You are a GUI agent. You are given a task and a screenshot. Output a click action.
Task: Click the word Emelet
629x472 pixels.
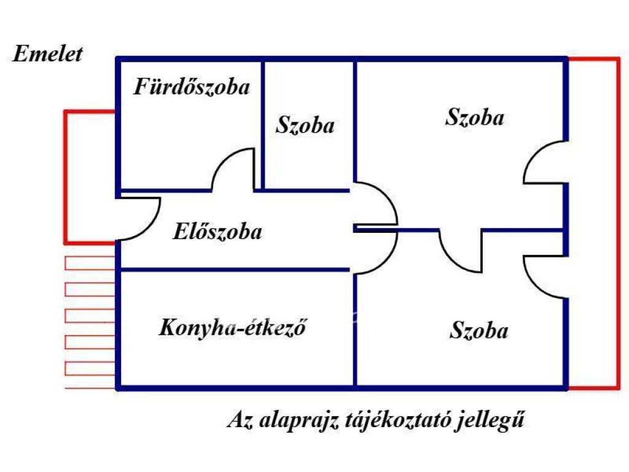pos(47,54)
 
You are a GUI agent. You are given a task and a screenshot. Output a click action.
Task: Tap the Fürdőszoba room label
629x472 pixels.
pos(192,87)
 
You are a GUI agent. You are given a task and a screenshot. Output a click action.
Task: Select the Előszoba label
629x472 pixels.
pos(217,232)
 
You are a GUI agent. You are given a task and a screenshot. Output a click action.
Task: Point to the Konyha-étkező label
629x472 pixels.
pos(233,328)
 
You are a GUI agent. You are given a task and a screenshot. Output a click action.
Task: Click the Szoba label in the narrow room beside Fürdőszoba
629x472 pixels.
pos(305,125)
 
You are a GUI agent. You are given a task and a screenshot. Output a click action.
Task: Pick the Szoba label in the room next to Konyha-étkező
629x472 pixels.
pos(479,331)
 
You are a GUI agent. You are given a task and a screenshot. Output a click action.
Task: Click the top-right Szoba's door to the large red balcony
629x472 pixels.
pos(542,161)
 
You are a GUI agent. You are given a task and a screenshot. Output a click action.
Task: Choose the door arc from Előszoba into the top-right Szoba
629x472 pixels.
pos(378,203)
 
